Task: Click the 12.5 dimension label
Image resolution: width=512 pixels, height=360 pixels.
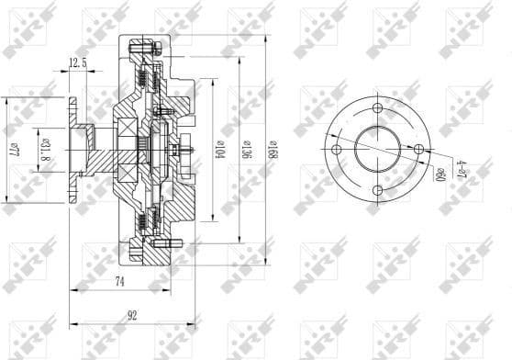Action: point(77,62)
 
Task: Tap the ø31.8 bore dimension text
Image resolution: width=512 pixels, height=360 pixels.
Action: point(45,147)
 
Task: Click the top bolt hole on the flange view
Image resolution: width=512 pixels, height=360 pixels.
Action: point(376,106)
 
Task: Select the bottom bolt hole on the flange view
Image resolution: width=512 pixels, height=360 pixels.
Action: point(376,190)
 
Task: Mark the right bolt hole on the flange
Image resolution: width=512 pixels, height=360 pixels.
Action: point(418,148)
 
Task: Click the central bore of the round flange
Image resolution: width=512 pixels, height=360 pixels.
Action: point(376,148)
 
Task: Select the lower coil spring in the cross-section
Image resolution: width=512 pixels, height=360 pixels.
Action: point(144,220)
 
